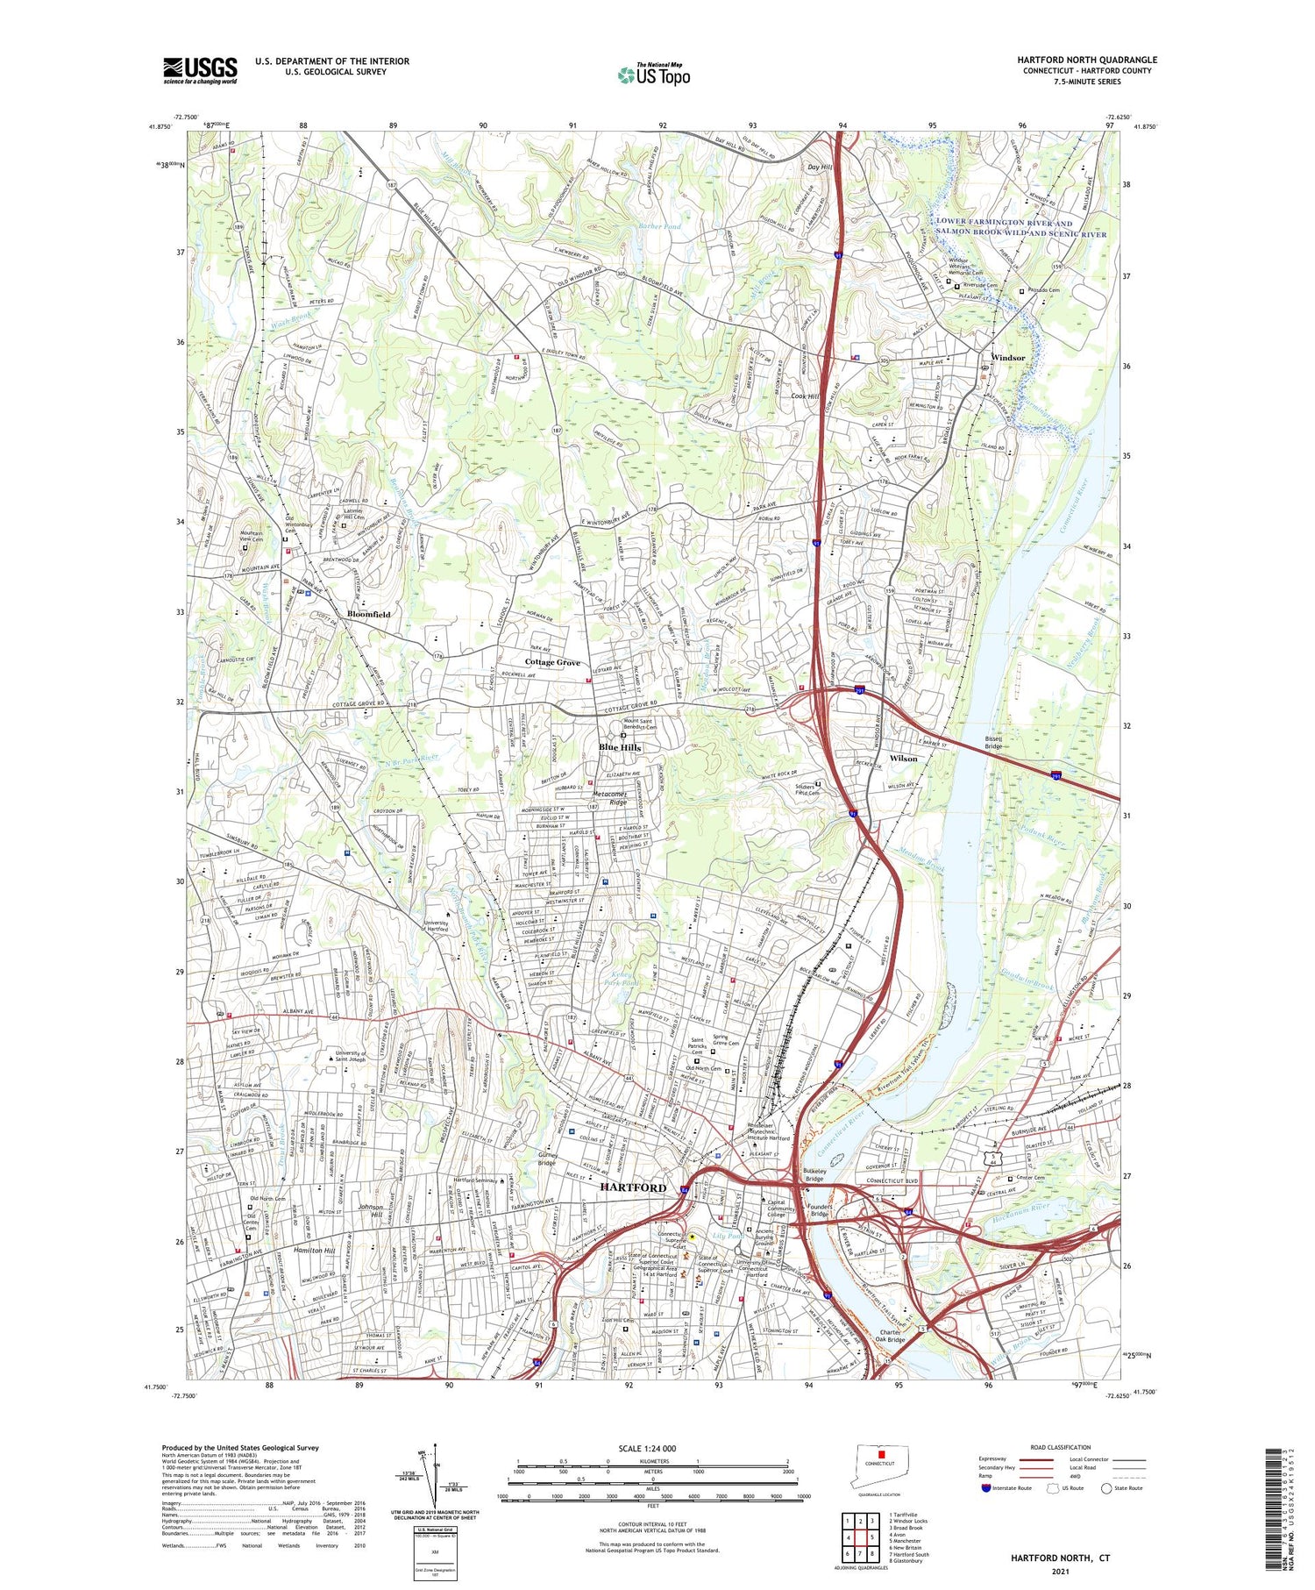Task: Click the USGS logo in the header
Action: pos(200,70)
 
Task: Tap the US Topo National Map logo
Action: pos(654,75)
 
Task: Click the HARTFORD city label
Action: pos(633,1187)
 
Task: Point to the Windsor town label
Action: pos(1007,358)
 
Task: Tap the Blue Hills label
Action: pos(620,747)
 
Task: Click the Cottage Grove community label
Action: pos(552,662)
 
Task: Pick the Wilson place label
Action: pos(903,758)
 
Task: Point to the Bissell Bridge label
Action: pos(993,743)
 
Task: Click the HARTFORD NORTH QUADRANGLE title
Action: pos(1087,60)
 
